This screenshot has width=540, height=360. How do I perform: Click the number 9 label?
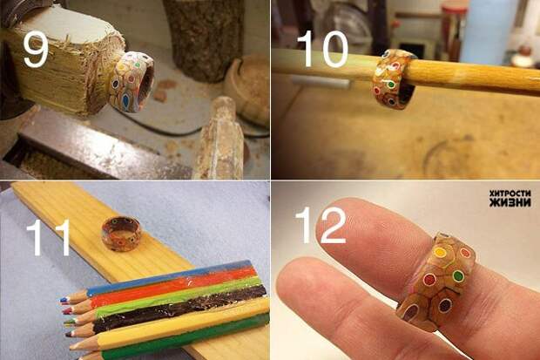(x=36, y=51)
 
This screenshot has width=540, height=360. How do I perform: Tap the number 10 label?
(x=323, y=49)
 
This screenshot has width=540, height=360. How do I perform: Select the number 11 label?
(x=49, y=237)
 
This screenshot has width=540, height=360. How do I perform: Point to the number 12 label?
(x=321, y=226)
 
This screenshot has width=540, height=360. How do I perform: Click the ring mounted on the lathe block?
(x=132, y=82)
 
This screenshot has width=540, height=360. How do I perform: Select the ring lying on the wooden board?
(x=121, y=234)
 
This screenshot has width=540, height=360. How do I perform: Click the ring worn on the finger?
(x=435, y=282)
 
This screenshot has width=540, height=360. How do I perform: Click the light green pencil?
(x=165, y=299)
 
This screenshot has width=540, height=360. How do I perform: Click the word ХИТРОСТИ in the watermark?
(x=510, y=194)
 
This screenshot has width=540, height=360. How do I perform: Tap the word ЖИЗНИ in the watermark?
(x=510, y=202)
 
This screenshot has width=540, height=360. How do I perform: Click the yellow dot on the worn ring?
(x=441, y=253)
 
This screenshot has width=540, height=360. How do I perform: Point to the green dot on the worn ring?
(x=458, y=275)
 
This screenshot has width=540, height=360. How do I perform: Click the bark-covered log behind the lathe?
(x=205, y=39)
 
